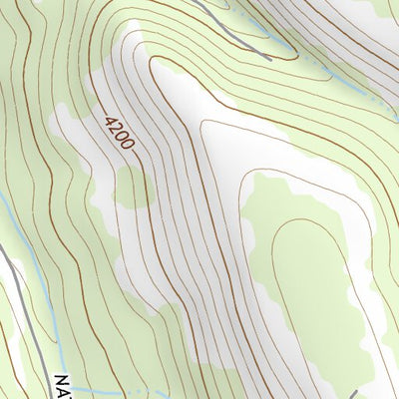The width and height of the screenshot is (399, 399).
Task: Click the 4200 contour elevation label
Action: (x=117, y=132)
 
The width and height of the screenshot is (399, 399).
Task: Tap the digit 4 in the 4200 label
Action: (x=108, y=119)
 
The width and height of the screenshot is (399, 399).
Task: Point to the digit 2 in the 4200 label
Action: (x=114, y=128)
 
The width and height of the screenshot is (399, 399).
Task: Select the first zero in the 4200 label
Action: (x=120, y=137)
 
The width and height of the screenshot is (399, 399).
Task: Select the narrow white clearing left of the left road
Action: (x=4, y=299)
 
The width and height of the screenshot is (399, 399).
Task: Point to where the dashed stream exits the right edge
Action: (x=397, y=107)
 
